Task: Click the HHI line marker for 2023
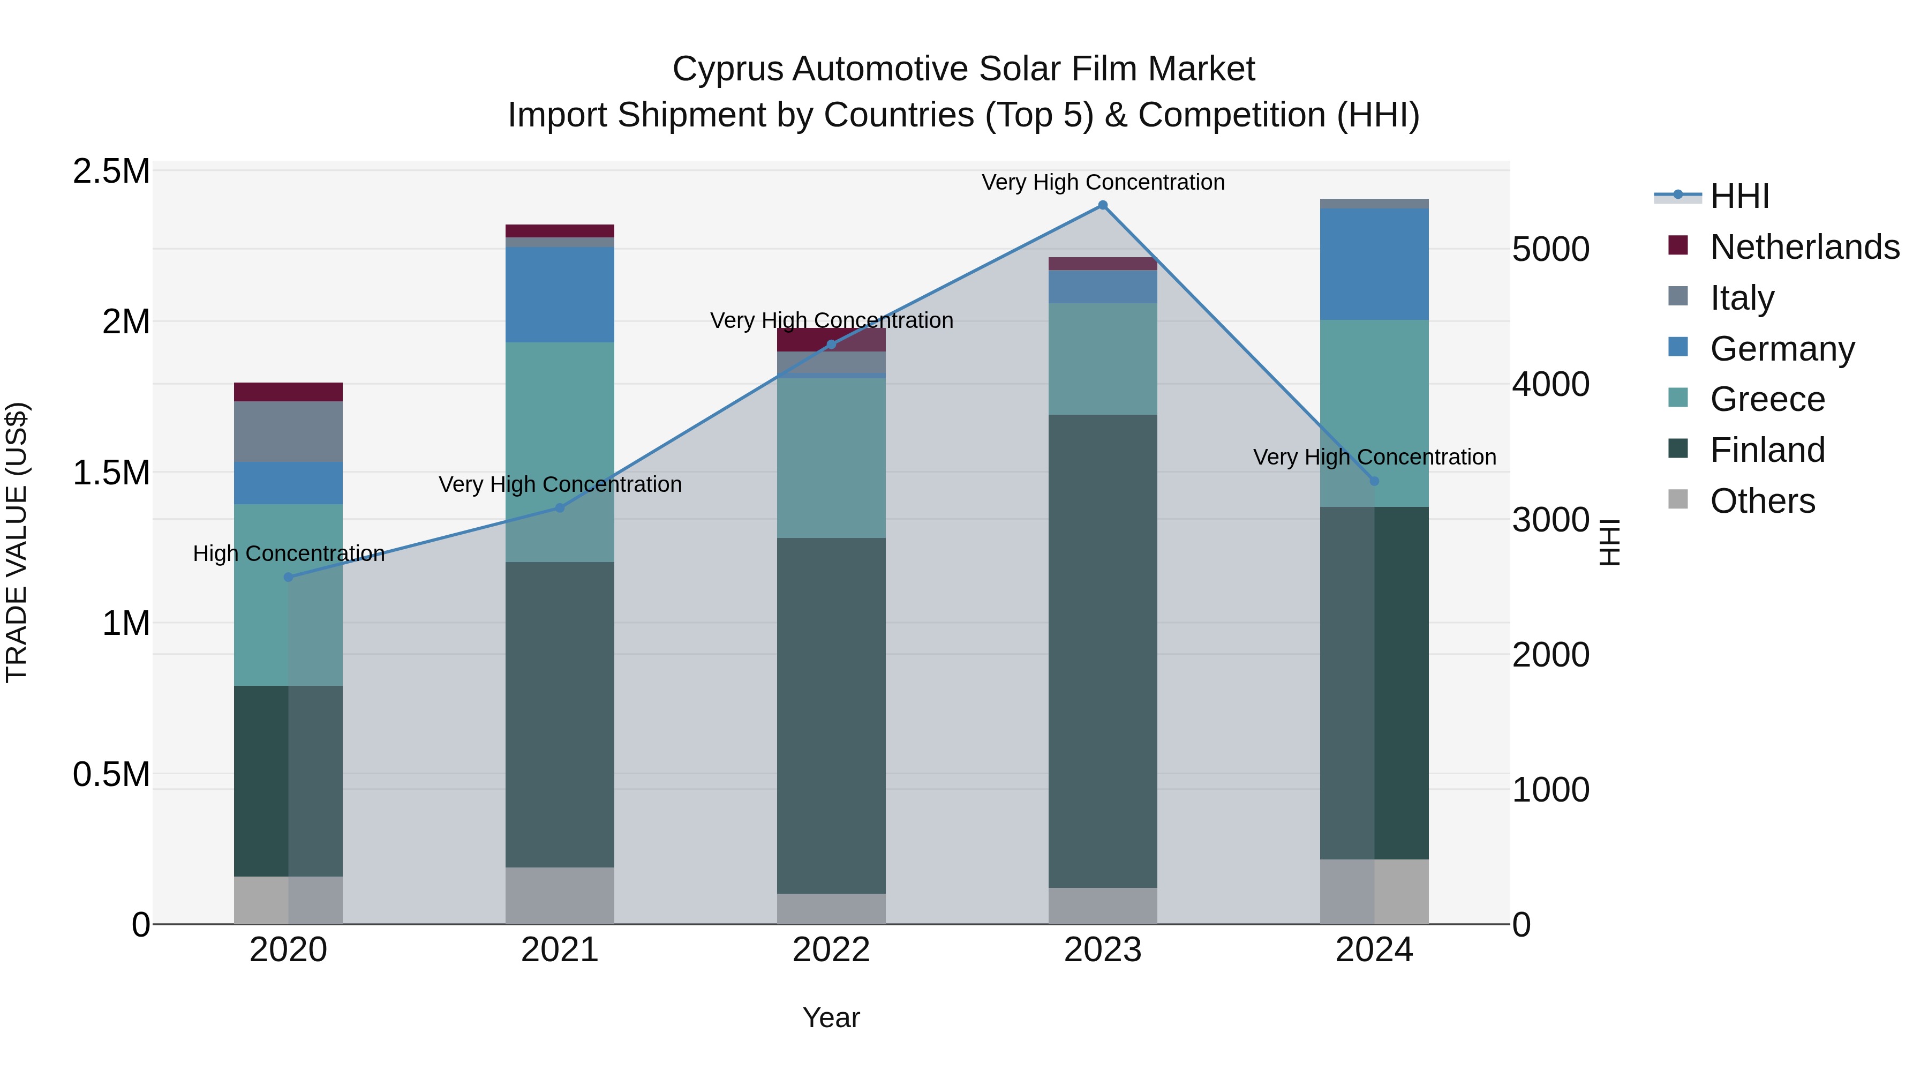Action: (x=1103, y=205)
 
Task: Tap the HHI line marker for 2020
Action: (x=289, y=577)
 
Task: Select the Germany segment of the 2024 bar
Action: (x=1374, y=264)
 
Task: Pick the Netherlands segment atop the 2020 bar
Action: (x=288, y=392)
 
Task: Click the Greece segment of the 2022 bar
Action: (x=831, y=458)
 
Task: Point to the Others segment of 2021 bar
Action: (x=560, y=895)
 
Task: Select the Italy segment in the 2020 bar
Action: (x=288, y=432)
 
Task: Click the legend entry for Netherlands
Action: (x=1804, y=247)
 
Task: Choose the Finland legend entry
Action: (x=1767, y=450)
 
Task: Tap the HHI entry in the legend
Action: (x=1739, y=196)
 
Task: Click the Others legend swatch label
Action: (x=1762, y=501)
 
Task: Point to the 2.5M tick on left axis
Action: (x=111, y=171)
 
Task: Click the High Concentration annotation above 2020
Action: (x=289, y=553)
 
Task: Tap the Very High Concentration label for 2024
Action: (x=1374, y=457)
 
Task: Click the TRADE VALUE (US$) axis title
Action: (x=17, y=542)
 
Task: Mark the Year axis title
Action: (x=831, y=1017)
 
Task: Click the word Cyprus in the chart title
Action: (x=727, y=69)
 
